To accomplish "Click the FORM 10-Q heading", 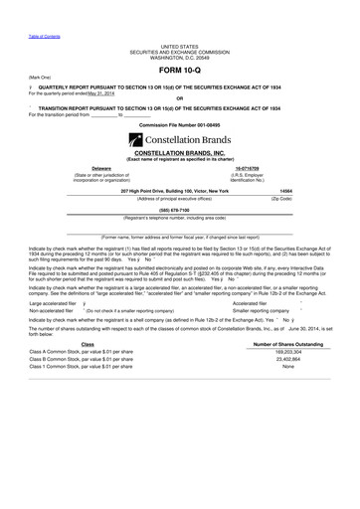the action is (179, 70).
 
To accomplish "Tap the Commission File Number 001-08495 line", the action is (179, 124).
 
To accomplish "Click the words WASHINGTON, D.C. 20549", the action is (179, 58).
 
